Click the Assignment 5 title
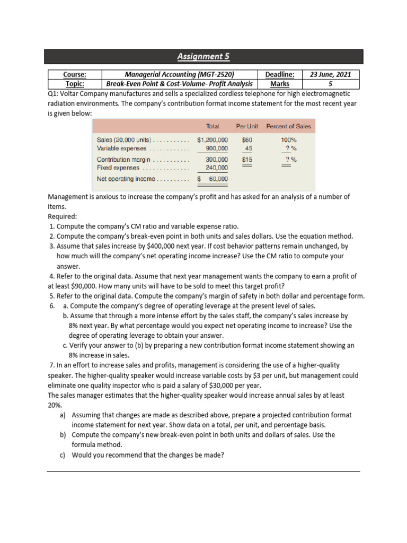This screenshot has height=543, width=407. click(x=203, y=57)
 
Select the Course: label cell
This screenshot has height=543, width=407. click(x=75, y=75)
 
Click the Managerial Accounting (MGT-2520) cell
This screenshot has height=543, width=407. click(x=179, y=75)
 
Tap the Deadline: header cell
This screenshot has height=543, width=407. click(x=280, y=75)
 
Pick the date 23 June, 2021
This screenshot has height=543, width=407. click(x=331, y=75)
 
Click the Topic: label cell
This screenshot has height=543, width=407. click(x=75, y=84)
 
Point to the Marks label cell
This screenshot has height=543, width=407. click(x=280, y=84)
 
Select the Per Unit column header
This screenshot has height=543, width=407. click(x=247, y=126)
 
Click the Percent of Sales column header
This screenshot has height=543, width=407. click(x=288, y=126)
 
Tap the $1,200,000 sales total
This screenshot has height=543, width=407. click(x=213, y=141)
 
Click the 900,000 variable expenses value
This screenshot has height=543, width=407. click(x=217, y=148)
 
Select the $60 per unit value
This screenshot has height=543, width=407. click(x=247, y=141)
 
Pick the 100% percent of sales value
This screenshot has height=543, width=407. click(x=288, y=141)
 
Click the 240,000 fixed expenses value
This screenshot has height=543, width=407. click(x=217, y=168)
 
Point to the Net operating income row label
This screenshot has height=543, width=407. click(x=126, y=179)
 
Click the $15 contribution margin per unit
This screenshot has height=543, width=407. click(x=247, y=159)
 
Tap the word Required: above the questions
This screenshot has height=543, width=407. click(x=63, y=216)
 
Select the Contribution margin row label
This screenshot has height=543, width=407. click(x=123, y=160)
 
